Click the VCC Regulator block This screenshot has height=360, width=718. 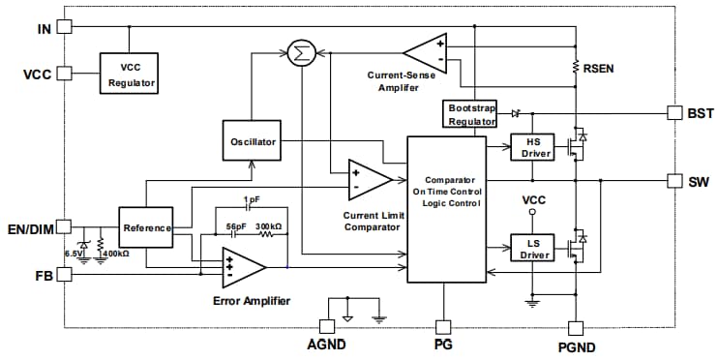pos(130,72)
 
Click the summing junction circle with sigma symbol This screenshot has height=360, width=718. pos(302,53)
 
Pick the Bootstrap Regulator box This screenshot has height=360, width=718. pos(468,114)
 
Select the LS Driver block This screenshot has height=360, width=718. pos(530,249)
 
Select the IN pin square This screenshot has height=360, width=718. pos(65,27)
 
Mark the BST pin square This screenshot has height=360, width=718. pos(674,113)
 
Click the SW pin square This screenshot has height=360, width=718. pos(674,181)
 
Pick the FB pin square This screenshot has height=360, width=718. pos(65,275)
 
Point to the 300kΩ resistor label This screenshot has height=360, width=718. pos(270,226)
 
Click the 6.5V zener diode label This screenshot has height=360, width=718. pos(74,254)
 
